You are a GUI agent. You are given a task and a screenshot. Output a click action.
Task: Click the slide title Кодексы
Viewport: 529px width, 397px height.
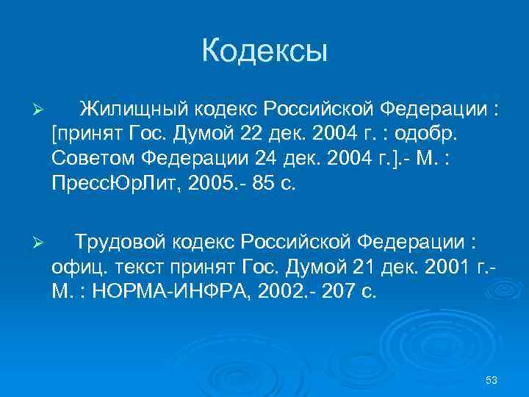[264, 51]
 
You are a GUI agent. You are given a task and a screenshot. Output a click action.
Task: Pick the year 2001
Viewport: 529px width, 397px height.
[442, 268]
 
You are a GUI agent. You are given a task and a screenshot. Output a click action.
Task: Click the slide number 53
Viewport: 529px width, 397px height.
[492, 379]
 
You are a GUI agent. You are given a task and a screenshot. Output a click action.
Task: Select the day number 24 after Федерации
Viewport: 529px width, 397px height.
[273, 160]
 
